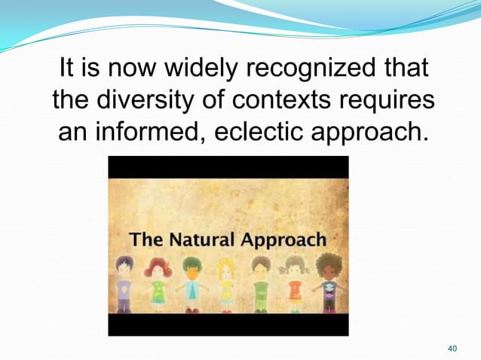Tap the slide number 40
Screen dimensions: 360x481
click(x=452, y=348)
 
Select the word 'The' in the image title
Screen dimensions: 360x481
click(x=145, y=240)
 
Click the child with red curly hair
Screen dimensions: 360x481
click(x=158, y=283)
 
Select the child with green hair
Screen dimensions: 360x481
click(x=191, y=283)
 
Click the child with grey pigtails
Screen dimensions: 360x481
click(x=294, y=283)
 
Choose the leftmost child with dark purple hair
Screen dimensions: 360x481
click(x=124, y=283)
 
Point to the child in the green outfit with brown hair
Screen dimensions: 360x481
click(x=260, y=283)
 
